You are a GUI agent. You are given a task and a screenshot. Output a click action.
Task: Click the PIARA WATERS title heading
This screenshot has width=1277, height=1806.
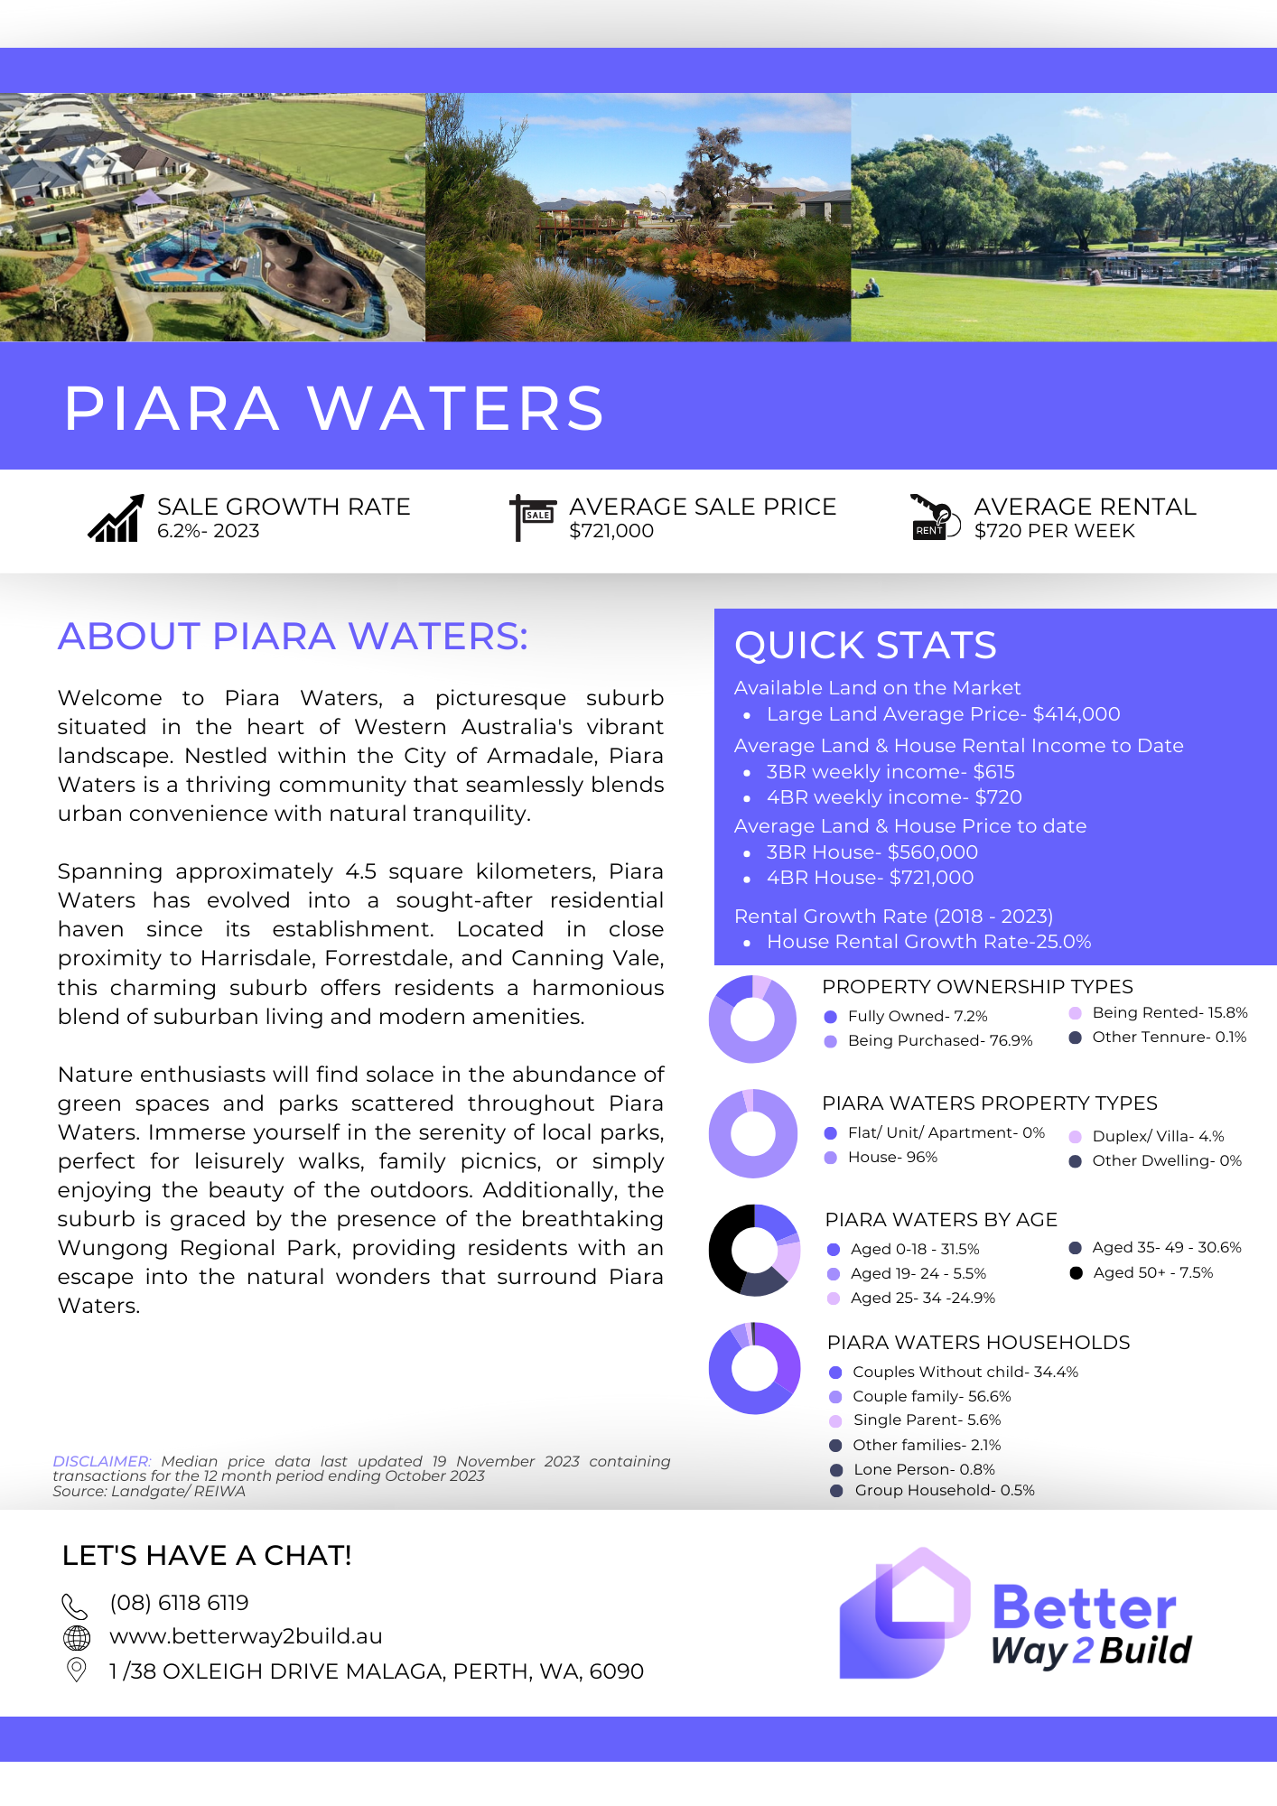coord(334,408)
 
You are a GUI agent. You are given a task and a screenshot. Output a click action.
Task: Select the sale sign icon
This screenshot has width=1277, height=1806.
coord(533,517)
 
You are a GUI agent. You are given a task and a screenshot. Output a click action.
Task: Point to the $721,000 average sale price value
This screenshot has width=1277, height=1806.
coord(611,531)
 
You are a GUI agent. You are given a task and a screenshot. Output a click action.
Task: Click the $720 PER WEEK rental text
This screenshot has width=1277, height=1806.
coord(1054,531)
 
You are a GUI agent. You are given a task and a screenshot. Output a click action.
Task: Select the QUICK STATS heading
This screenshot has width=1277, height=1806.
coord(865,646)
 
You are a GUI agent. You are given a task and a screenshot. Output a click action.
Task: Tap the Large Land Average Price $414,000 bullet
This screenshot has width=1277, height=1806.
coord(943,714)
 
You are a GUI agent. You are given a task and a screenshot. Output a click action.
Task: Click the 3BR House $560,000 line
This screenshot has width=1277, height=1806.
coord(872,852)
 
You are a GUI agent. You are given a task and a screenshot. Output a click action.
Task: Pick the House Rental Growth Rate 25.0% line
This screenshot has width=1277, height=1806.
coord(928,942)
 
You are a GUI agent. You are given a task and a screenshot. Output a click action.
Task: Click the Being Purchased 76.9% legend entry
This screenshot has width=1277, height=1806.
coord(939,1041)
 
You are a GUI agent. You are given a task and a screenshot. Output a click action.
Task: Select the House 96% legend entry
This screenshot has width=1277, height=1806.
coord(892,1158)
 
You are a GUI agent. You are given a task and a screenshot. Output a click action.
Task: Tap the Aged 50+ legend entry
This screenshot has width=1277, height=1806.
coord(1152,1273)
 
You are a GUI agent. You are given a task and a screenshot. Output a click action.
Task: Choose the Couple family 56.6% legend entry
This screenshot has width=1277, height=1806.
coord(931,1397)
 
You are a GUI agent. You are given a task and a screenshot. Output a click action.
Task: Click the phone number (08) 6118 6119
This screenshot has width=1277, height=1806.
coord(179,1603)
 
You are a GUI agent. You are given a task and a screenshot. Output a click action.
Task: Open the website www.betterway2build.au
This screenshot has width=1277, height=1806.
coord(246,1636)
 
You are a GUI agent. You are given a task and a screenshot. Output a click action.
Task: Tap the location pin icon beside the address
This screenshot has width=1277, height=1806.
coord(78,1670)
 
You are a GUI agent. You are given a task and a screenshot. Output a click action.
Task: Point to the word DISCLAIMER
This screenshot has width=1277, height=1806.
coord(101,1461)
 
